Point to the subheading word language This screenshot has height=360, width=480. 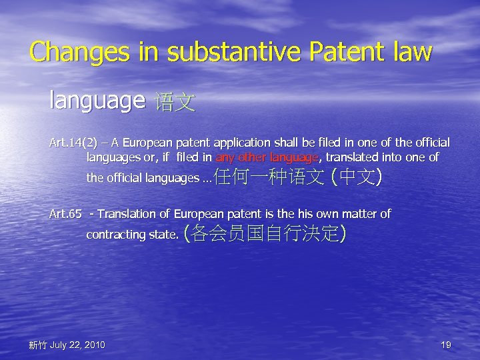[x=97, y=101]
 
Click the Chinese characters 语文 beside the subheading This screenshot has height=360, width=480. [x=175, y=103]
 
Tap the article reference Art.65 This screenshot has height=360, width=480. [x=65, y=214]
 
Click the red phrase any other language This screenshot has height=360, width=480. [x=268, y=158]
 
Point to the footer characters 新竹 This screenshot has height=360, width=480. [x=37, y=345]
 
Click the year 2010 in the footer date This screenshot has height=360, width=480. [x=93, y=345]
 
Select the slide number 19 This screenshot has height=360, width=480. [x=446, y=345]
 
